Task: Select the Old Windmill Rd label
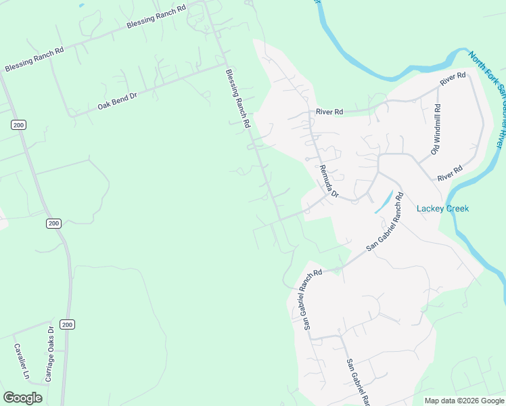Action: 436,130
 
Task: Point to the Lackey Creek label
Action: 443,208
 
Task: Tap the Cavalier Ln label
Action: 22,361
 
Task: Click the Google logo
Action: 22,398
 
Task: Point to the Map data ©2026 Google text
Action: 464,401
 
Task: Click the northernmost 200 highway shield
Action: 18,125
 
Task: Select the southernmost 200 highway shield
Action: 66,325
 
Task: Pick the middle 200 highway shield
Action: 54,223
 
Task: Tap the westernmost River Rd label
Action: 329,112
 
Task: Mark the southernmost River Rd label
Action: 449,173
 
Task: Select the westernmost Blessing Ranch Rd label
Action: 34,60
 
